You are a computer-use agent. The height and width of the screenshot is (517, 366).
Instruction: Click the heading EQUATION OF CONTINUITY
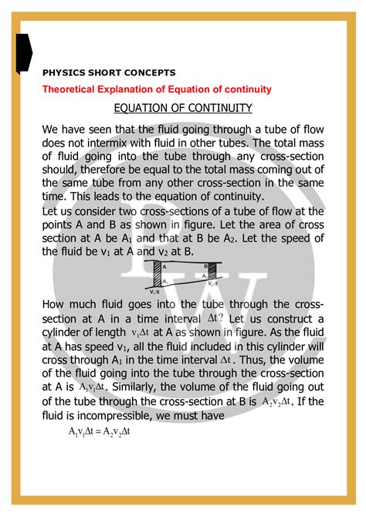point(182,107)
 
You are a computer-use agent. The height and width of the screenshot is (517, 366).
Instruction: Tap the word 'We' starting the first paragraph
point(53,129)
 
